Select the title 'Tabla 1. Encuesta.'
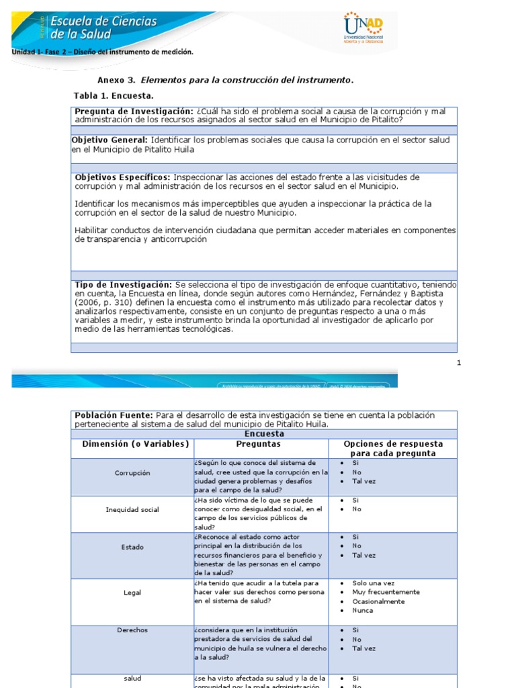(x=114, y=95)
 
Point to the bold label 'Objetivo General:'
(x=110, y=140)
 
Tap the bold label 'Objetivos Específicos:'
(x=122, y=177)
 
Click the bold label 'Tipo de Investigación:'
(x=123, y=285)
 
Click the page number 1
(x=459, y=363)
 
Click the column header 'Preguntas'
(x=259, y=444)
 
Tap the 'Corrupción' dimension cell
(x=132, y=473)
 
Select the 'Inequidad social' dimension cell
(x=132, y=510)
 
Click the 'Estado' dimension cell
(x=132, y=547)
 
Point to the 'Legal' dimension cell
(x=132, y=593)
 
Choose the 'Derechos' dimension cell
(x=132, y=630)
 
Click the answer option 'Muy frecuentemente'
(x=386, y=592)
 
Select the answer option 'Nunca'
(x=363, y=611)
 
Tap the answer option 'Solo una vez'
(x=374, y=583)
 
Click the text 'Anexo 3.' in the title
(x=116, y=80)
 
